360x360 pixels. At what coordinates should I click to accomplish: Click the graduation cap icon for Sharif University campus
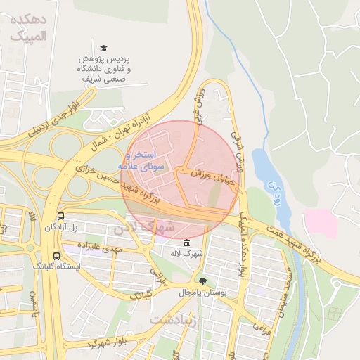[x=103, y=48]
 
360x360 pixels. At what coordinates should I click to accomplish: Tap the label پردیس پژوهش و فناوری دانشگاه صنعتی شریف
[x=104, y=70]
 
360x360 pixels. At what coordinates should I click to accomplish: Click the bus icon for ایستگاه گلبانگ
[x=56, y=257]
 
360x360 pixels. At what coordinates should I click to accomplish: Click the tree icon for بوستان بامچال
[x=203, y=281]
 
